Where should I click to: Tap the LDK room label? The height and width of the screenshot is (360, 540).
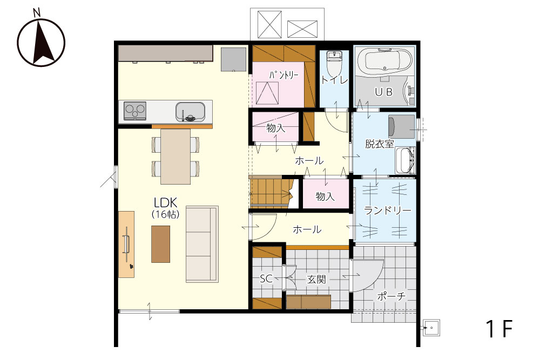pyautogui.click(x=165, y=202)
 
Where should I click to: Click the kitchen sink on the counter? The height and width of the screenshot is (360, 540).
pyautogui.click(x=190, y=112)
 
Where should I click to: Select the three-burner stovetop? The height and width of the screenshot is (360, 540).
pyautogui.click(x=134, y=111)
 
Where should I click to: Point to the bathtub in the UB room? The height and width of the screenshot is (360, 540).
pyautogui.click(x=384, y=61)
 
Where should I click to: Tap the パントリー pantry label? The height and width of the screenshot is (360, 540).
pyautogui.click(x=284, y=74)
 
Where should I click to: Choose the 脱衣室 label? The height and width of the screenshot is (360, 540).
pyautogui.click(x=379, y=144)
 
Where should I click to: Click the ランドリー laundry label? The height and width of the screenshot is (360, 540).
pyautogui.click(x=387, y=210)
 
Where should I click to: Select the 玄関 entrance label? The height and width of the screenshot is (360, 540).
pyautogui.click(x=316, y=279)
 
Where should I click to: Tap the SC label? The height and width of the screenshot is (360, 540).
pyautogui.click(x=266, y=279)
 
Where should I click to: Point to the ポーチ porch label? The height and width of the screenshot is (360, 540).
pyautogui.click(x=391, y=296)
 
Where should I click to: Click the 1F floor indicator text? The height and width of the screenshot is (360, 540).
pyautogui.click(x=499, y=328)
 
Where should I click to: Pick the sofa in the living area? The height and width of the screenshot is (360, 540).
pyautogui.click(x=202, y=244)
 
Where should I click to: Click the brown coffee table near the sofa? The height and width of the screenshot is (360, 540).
pyautogui.click(x=160, y=244)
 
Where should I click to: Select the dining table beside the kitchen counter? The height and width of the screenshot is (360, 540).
pyautogui.click(x=175, y=157)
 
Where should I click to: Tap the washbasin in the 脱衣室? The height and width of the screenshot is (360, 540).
pyautogui.click(x=406, y=160)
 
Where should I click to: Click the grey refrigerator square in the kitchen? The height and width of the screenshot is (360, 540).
pyautogui.click(x=234, y=59)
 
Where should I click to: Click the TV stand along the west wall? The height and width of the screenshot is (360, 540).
pyautogui.click(x=126, y=244)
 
